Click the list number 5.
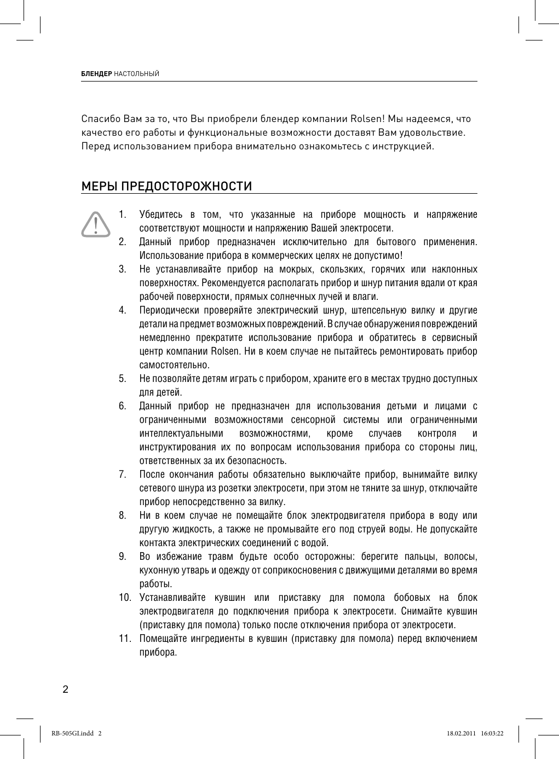coord(123,379)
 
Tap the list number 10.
coord(125,597)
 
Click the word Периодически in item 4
coord(167,310)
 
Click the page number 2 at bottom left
coord(65,689)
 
